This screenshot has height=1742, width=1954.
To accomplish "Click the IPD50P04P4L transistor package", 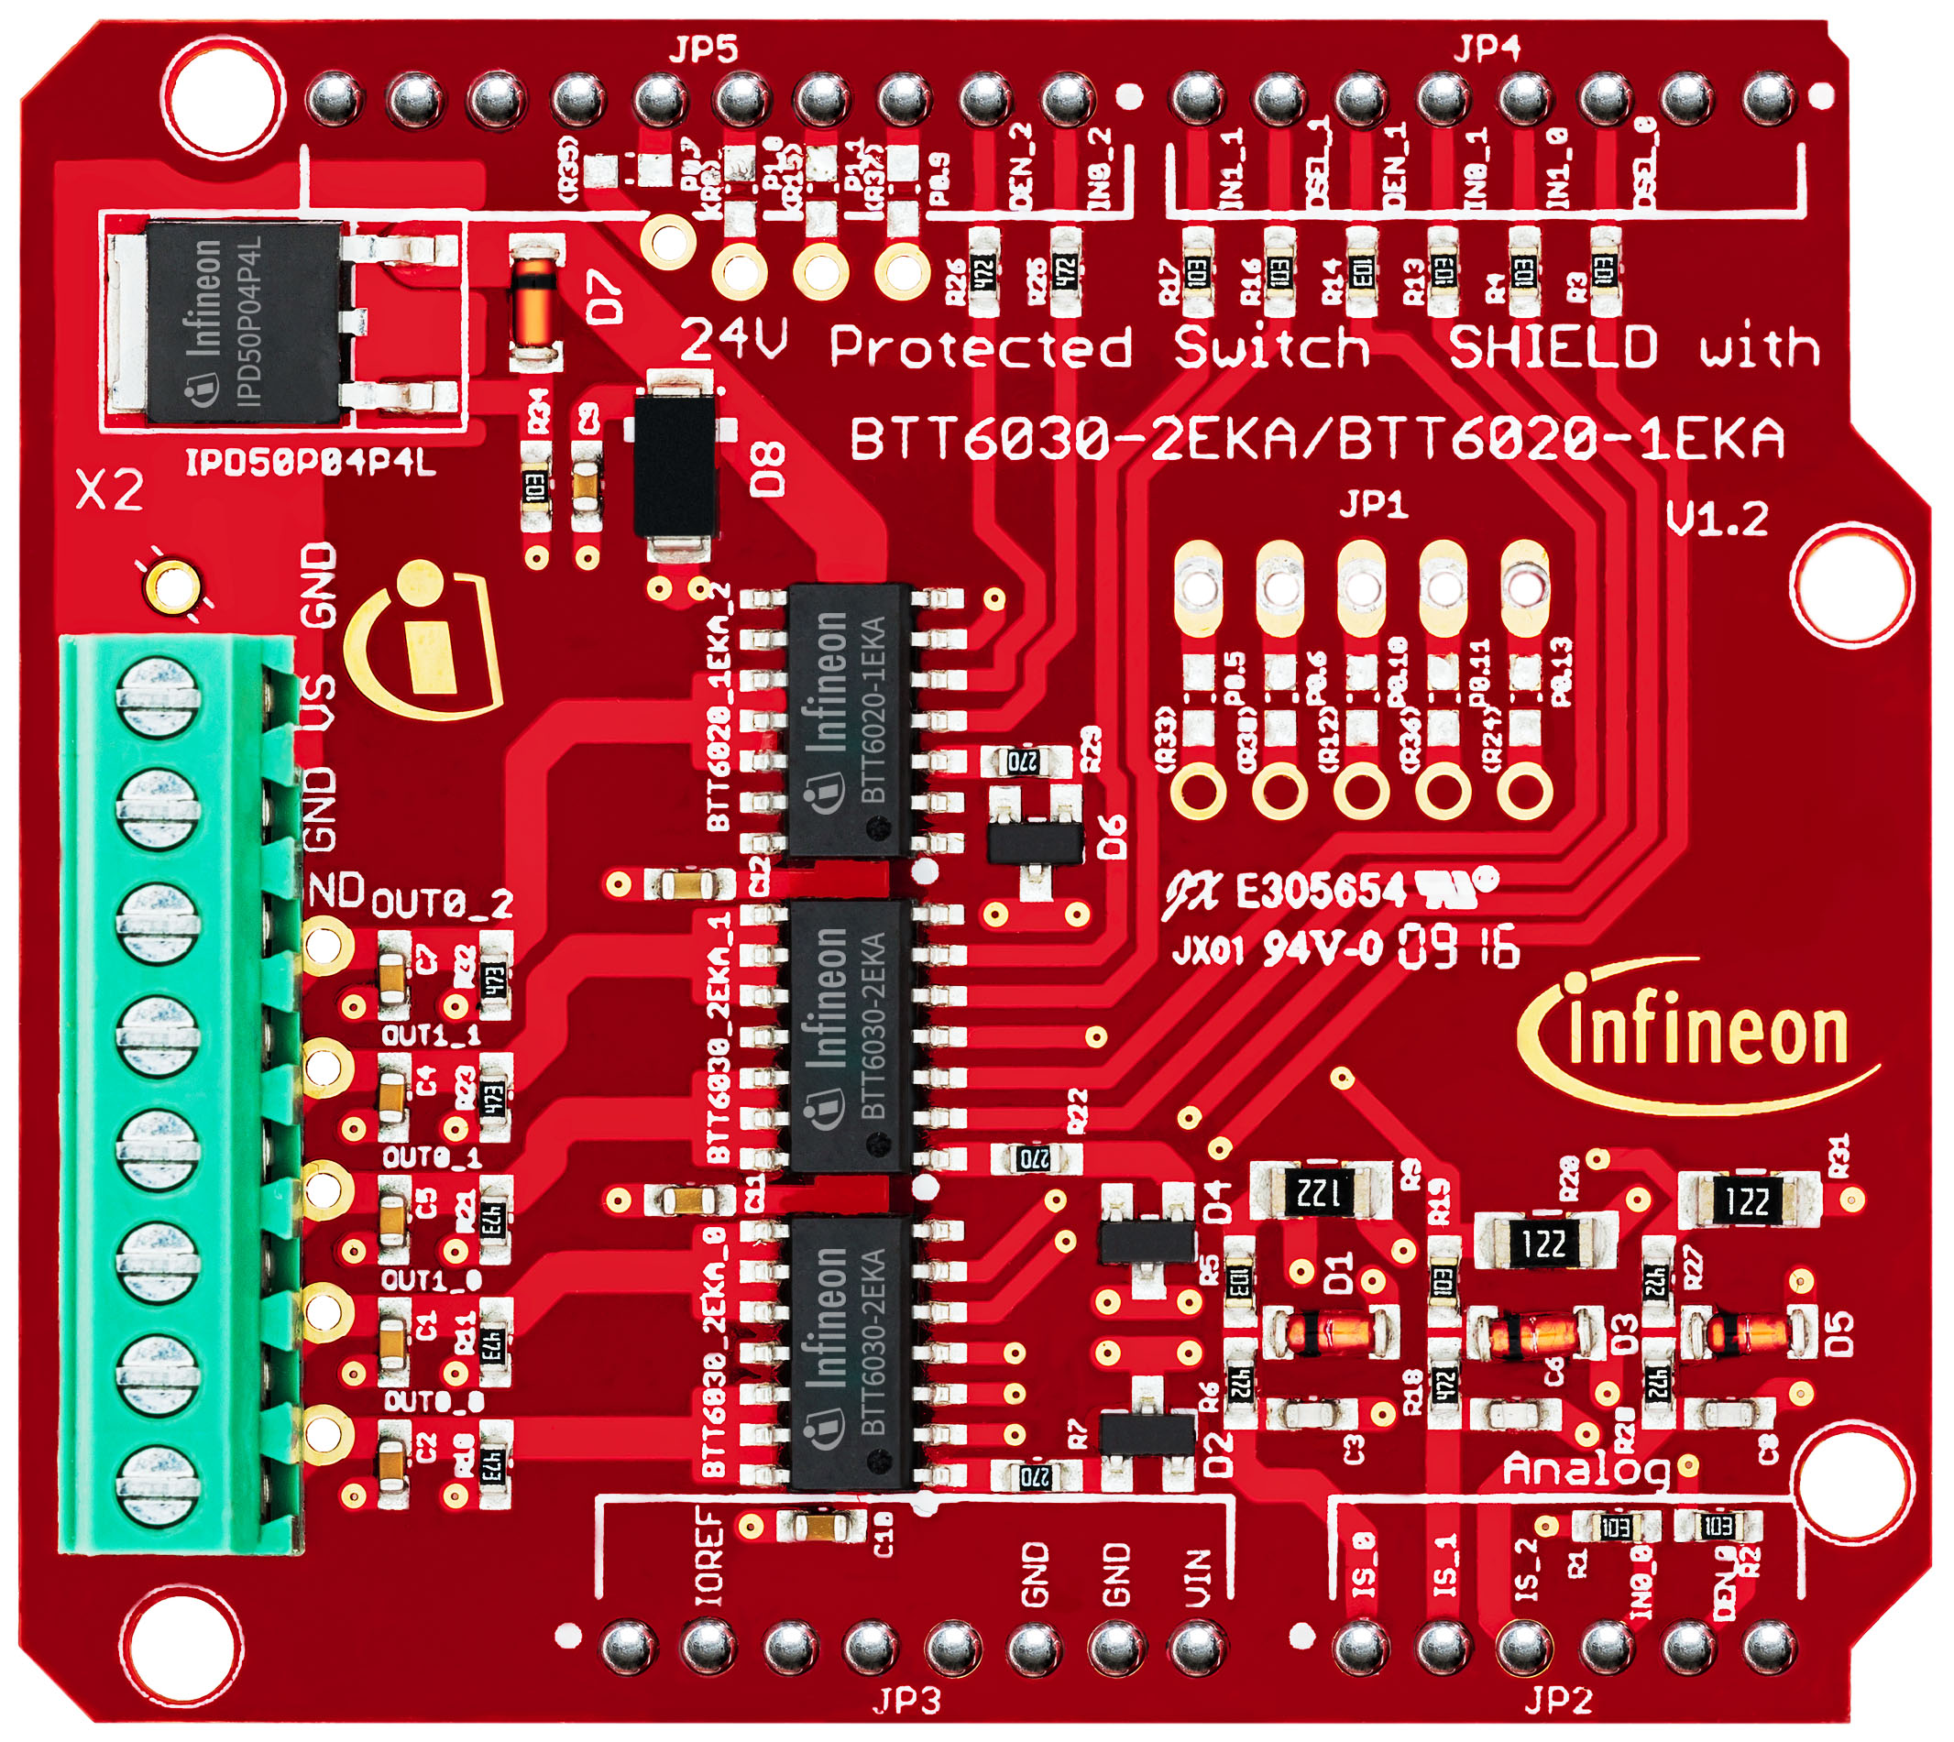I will coord(244,321).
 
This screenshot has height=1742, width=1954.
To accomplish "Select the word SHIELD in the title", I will coord(1552,346).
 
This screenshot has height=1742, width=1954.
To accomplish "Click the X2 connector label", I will coord(109,492).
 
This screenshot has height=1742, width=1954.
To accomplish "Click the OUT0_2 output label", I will coord(442,904).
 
